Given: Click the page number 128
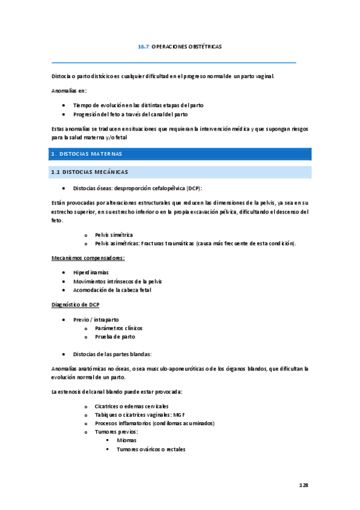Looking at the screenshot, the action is (304, 484).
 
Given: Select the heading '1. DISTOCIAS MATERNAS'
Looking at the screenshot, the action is (87, 154).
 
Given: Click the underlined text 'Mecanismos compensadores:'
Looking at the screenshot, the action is (88, 258).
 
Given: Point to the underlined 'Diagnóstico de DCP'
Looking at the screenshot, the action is (76, 304).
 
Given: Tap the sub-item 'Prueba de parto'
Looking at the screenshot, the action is (115, 337).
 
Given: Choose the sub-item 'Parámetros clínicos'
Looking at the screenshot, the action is (119, 328).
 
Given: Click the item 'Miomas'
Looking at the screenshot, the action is (127, 440).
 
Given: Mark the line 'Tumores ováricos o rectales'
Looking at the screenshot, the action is (151, 449).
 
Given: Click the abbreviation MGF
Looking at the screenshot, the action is (178, 415).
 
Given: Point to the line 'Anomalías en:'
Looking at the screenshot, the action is (70, 91).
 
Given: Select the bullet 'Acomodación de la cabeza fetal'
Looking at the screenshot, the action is (112, 290).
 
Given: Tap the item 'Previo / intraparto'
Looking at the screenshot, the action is (96, 319).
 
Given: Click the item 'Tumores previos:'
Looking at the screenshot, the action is (117, 432).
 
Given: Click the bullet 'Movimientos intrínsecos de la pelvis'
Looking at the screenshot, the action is (117, 281).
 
